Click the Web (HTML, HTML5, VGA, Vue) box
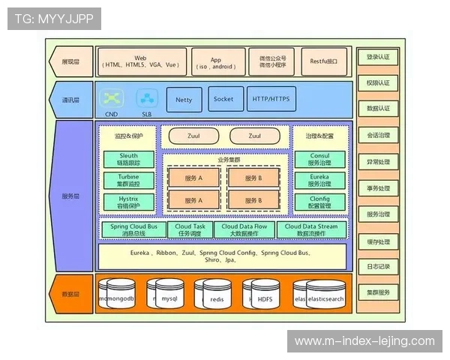pyautogui.click(x=140, y=61)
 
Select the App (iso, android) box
pyautogui.click(x=216, y=61)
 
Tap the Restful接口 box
pyautogui.click(x=324, y=61)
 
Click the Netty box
pyautogui.click(x=184, y=99)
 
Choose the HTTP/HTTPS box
pyautogui.click(x=271, y=99)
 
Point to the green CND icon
pyautogui.click(x=112, y=98)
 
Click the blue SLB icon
pyautogui.click(x=145, y=98)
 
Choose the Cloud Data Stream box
pyautogui.click(x=311, y=229)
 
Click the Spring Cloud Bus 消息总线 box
pyautogui.click(x=133, y=229)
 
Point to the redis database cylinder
pyautogui.click(x=216, y=297)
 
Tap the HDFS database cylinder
pyautogui.click(x=265, y=297)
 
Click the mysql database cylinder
pyautogui.click(x=168, y=297)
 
